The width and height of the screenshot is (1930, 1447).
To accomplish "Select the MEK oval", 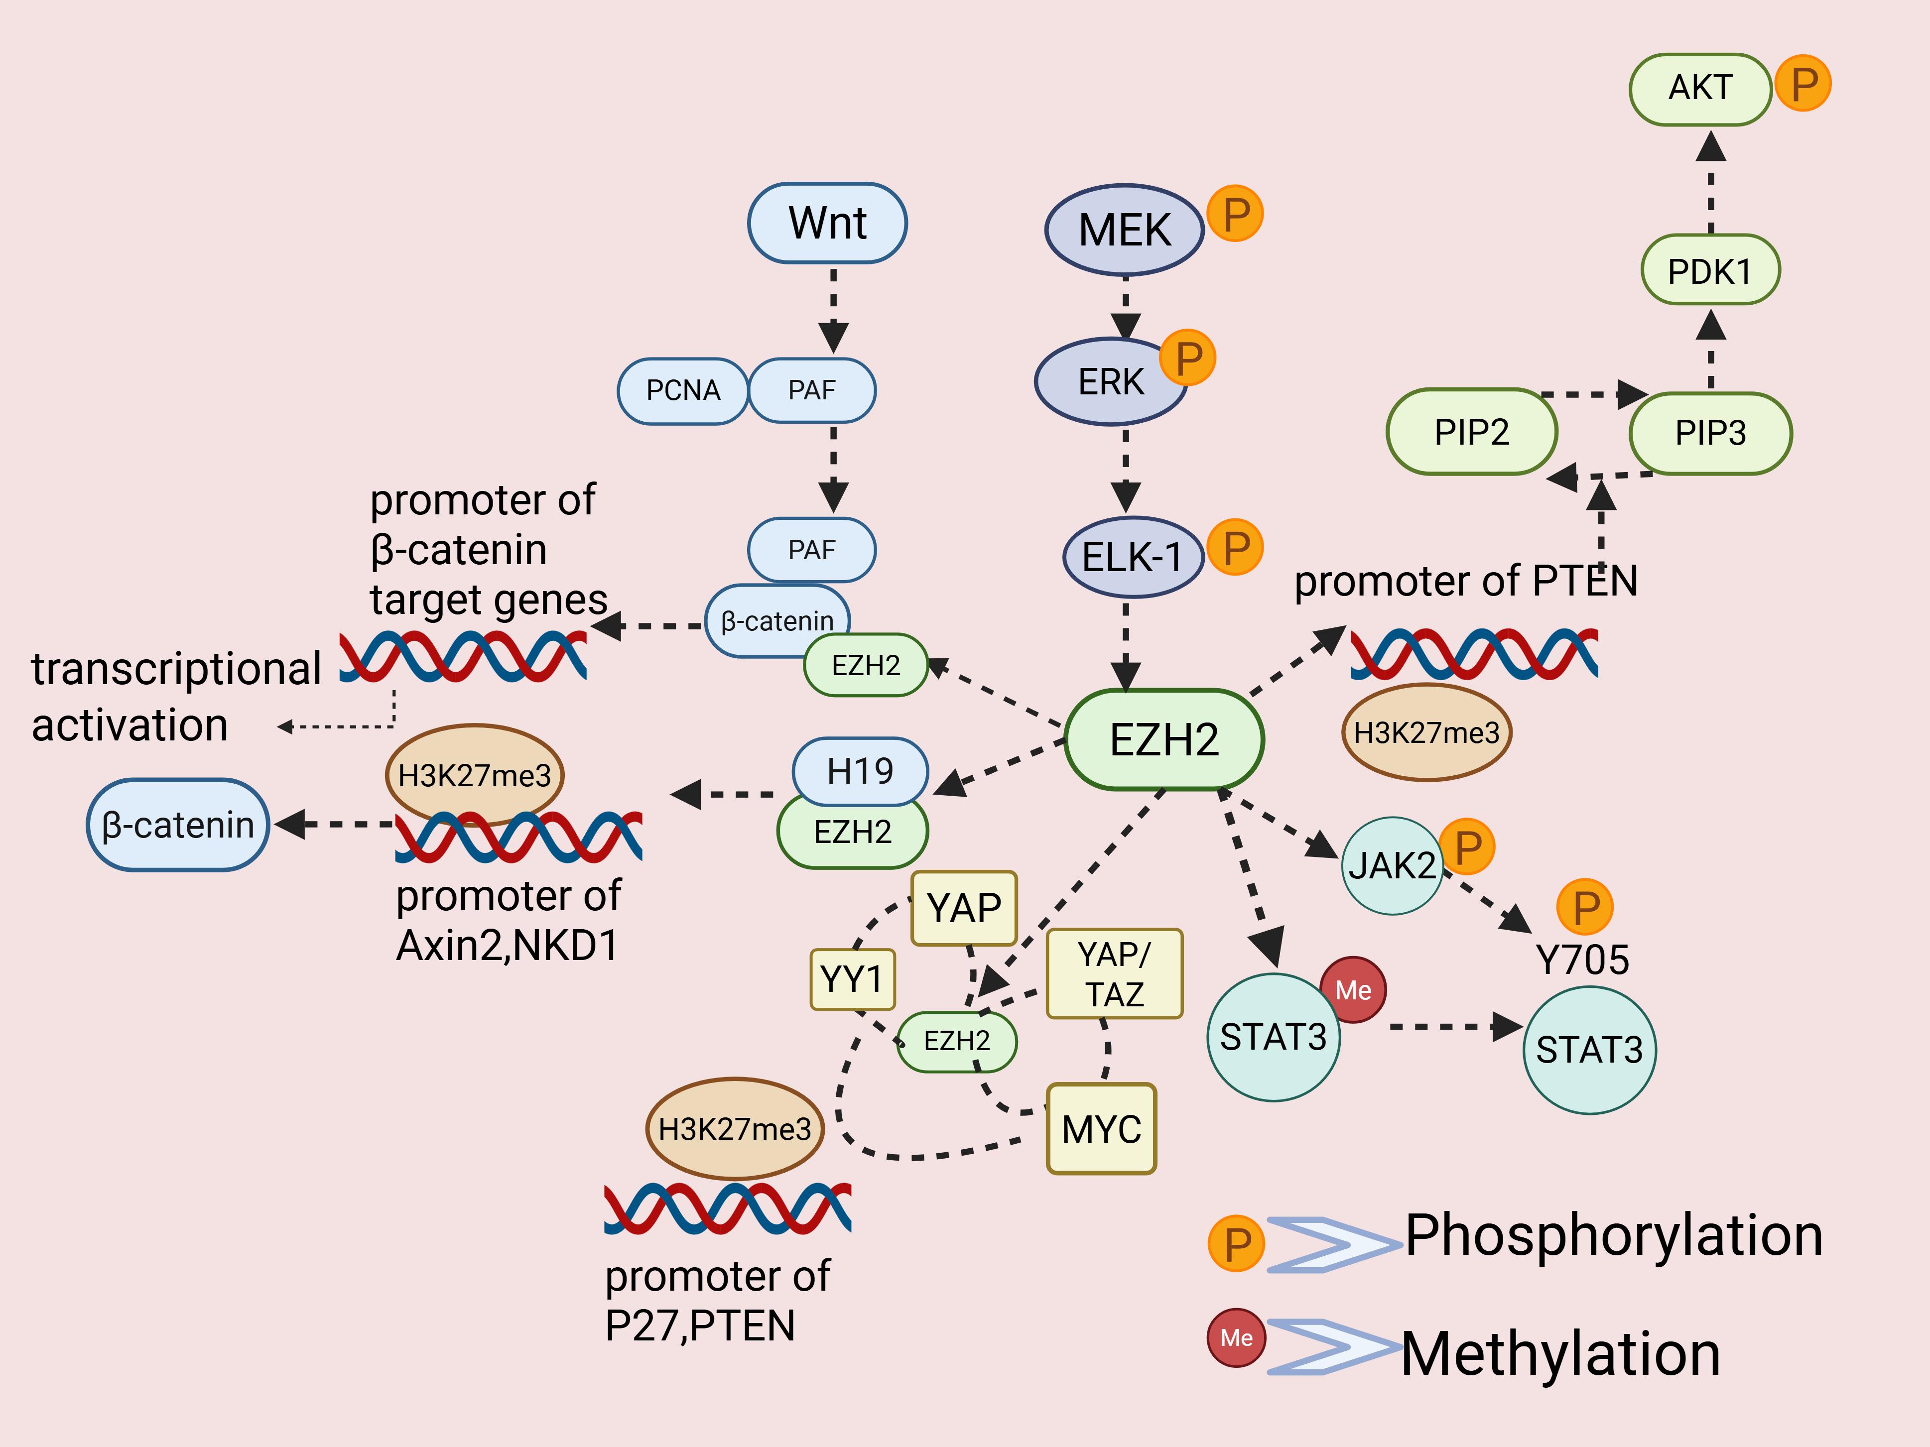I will tap(1124, 230).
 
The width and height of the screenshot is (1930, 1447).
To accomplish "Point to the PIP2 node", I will tap(1471, 432).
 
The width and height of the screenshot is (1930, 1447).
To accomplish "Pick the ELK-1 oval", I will tap(1133, 557).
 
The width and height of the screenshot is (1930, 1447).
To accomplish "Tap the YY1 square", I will tap(852, 978).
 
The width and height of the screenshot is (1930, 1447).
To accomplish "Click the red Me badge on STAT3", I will tap(1352, 990).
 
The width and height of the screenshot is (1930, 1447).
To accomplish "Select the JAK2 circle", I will tap(1392, 865).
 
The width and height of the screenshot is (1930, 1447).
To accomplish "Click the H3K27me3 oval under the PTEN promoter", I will tap(1425, 732).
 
